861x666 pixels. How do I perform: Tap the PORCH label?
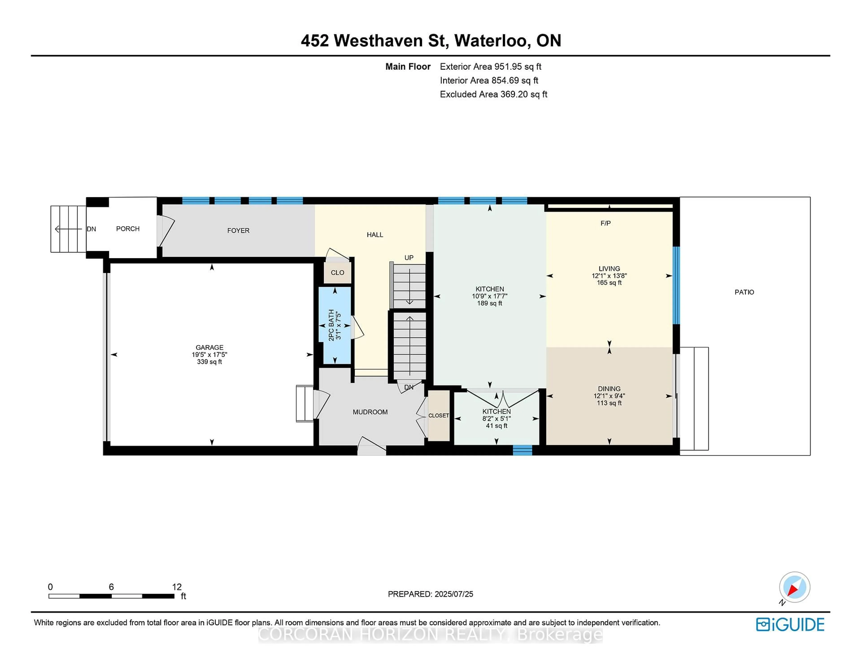pyautogui.click(x=128, y=229)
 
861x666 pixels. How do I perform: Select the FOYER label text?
pyautogui.click(x=238, y=230)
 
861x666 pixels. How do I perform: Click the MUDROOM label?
pyautogui.click(x=370, y=412)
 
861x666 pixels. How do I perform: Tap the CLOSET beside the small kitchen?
pyautogui.click(x=438, y=415)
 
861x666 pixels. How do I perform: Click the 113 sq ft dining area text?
pyautogui.click(x=609, y=403)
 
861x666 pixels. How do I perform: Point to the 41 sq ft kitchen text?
pyautogui.click(x=496, y=426)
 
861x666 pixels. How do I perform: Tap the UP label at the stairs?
pyautogui.click(x=409, y=258)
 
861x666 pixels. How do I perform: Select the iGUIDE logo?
pyautogui.click(x=790, y=624)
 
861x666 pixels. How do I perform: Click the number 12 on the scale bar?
pyautogui.click(x=177, y=587)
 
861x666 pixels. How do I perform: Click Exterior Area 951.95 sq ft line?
pyautogui.click(x=490, y=67)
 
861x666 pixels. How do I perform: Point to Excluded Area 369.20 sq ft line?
pyautogui.click(x=493, y=94)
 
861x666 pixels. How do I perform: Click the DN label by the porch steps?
pyautogui.click(x=91, y=229)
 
